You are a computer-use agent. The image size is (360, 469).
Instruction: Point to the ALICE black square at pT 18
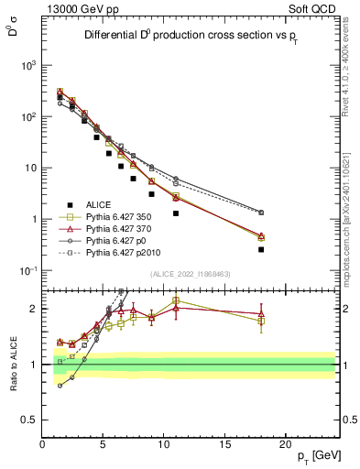click(x=261, y=249)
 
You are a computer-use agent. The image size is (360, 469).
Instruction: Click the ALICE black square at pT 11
click(x=176, y=213)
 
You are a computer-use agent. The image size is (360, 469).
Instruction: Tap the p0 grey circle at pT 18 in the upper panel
click(x=261, y=213)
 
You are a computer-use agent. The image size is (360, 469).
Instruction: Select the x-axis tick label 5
click(x=104, y=444)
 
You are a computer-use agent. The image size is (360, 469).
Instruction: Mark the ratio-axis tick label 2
click(x=34, y=309)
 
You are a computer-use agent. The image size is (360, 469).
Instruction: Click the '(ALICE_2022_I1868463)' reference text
click(x=191, y=274)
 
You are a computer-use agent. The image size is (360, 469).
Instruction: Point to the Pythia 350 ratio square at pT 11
click(x=176, y=300)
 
